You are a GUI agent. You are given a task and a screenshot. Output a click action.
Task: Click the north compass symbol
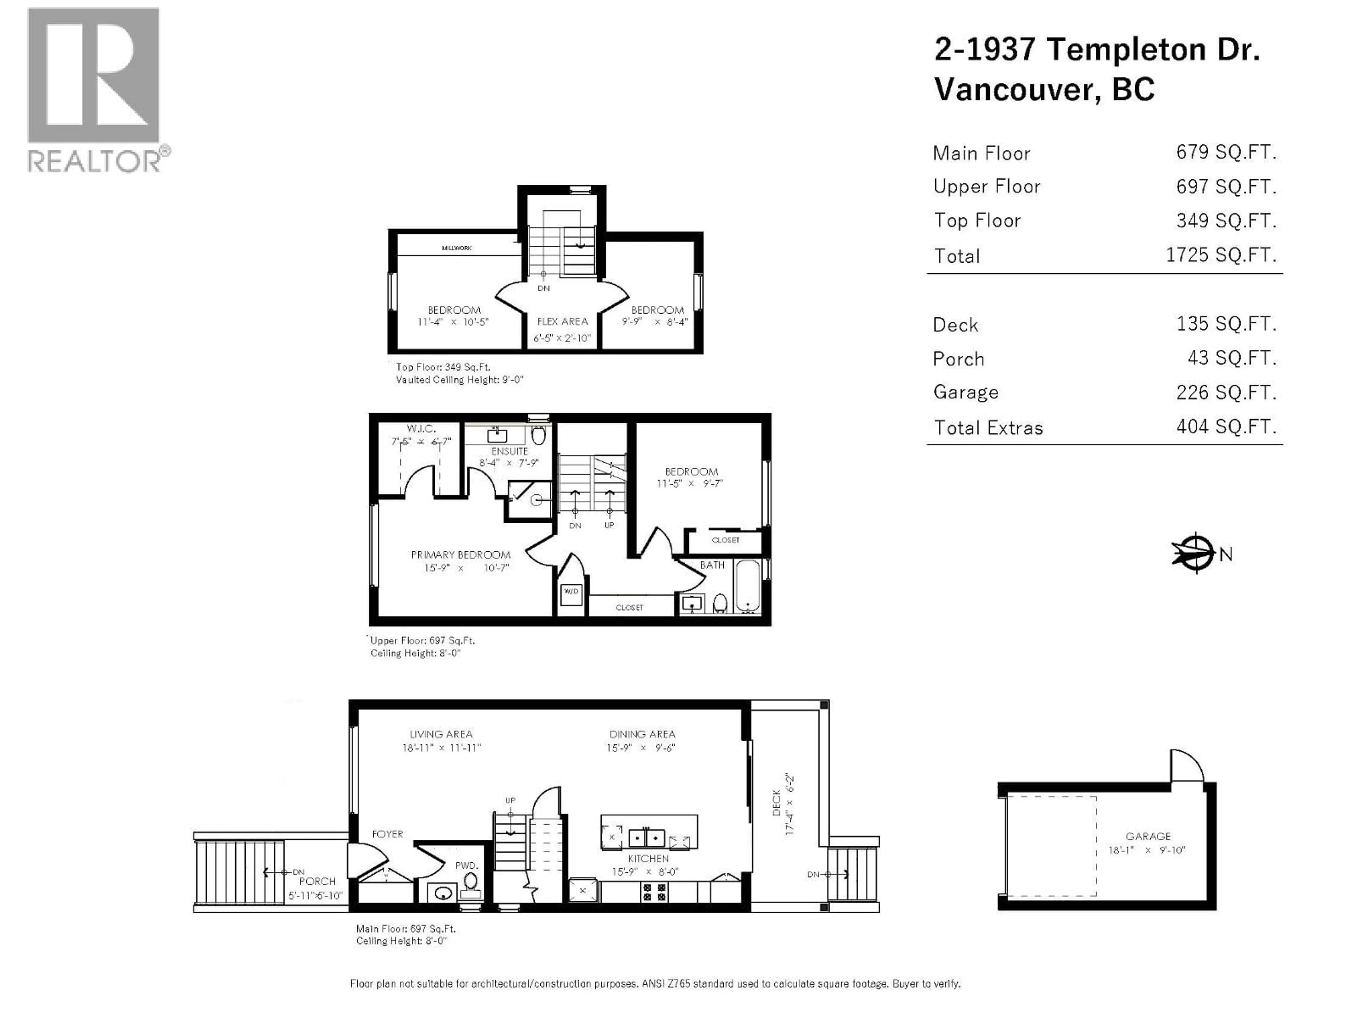click(x=1195, y=553)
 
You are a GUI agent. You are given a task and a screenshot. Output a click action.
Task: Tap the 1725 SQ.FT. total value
click(x=1220, y=255)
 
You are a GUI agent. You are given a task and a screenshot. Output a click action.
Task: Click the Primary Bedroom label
click(x=460, y=555)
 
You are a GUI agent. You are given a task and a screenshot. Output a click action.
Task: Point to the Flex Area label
click(x=562, y=322)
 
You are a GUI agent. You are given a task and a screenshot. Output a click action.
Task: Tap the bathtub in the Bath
click(x=747, y=585)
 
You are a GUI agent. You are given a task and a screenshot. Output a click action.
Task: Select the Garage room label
click(x=1148, y=836)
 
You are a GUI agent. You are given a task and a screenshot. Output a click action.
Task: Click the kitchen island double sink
click(x=646, y=837)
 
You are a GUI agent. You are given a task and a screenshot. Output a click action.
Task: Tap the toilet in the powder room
click(x=470, y=883)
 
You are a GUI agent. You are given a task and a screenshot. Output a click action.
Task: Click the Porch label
click(x=317, y=881)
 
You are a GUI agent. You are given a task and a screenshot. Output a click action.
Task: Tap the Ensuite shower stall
click(x=530, y=500)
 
